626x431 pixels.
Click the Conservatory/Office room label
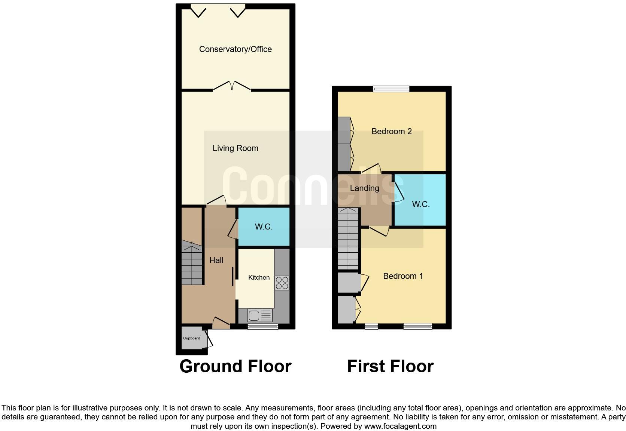click(235, 49)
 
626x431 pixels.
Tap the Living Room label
click(235, 148)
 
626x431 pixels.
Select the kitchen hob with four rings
click(282, 283)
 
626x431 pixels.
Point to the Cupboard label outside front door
click(191, 338)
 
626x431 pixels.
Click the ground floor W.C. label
click(264, 227)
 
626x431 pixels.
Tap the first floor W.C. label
click(420, 204)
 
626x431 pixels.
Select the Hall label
click(216, 260)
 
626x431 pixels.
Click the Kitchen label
click(259, 277)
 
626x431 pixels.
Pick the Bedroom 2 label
click(391, 131)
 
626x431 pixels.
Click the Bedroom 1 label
click(403, 276)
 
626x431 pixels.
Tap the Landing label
click(364, 188)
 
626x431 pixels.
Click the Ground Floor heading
click(235, 366)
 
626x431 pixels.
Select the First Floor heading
click(390, 366)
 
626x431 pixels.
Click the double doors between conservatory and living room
click(232, 87)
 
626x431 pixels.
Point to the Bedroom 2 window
click(391, 89)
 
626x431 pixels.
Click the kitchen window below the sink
click(262, 327)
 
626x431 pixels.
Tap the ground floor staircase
click(192, 264)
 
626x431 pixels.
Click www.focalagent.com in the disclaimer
click(400, 426)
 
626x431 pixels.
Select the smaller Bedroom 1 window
click(371, 327)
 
